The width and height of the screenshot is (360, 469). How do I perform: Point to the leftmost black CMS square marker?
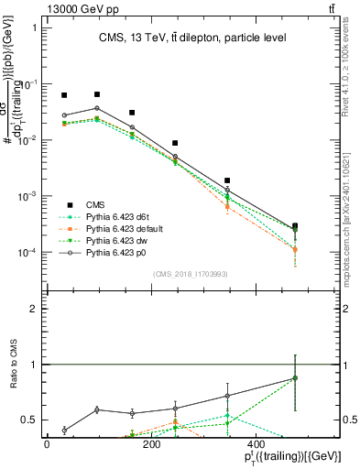64,95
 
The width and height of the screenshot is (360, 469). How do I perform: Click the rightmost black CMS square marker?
294,225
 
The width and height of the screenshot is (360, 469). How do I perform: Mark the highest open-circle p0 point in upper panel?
97,108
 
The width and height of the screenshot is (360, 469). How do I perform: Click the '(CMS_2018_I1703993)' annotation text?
190,272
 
